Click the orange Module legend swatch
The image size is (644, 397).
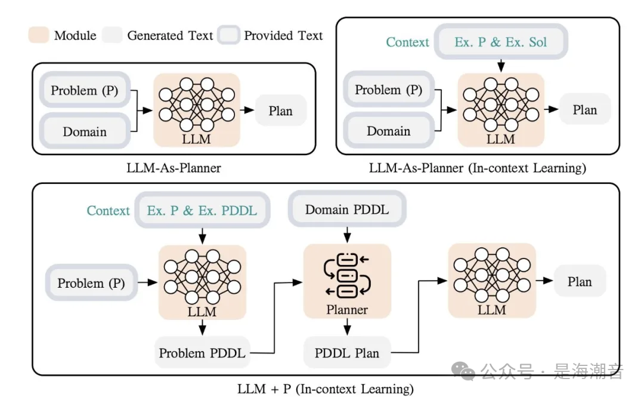click(x=39, y=35)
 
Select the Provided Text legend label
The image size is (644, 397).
click(x=283, y=35)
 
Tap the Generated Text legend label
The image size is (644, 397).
click(x=170, y=35)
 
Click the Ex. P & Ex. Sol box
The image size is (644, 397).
click(x=501, y=42)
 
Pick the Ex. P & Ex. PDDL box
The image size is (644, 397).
click(x=202, y=211)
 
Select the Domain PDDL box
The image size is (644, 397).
click(x=347, y=210)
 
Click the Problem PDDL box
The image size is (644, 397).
click(x=202, y=353)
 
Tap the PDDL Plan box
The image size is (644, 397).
click(x=347, y=353)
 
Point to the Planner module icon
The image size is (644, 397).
click(x=347, y=275)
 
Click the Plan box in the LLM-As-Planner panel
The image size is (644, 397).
click(x=281, y=110)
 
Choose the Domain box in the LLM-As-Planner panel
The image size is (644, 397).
click(x=85, y=131)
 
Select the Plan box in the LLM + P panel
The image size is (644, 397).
click(x=580, y=282)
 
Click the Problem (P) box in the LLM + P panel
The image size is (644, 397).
click(x=91, y=283)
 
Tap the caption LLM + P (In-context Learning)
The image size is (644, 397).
click(x=325, y=389)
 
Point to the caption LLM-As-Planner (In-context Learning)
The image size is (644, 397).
click(x=477, y=168)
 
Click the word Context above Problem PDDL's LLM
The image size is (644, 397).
click(x=108, y=211)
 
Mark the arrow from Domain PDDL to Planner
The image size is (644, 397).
click(x=347, y=235)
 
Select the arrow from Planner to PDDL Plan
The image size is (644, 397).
click(x=347, y=326)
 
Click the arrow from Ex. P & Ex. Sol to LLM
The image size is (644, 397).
click(x=501, y=64)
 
